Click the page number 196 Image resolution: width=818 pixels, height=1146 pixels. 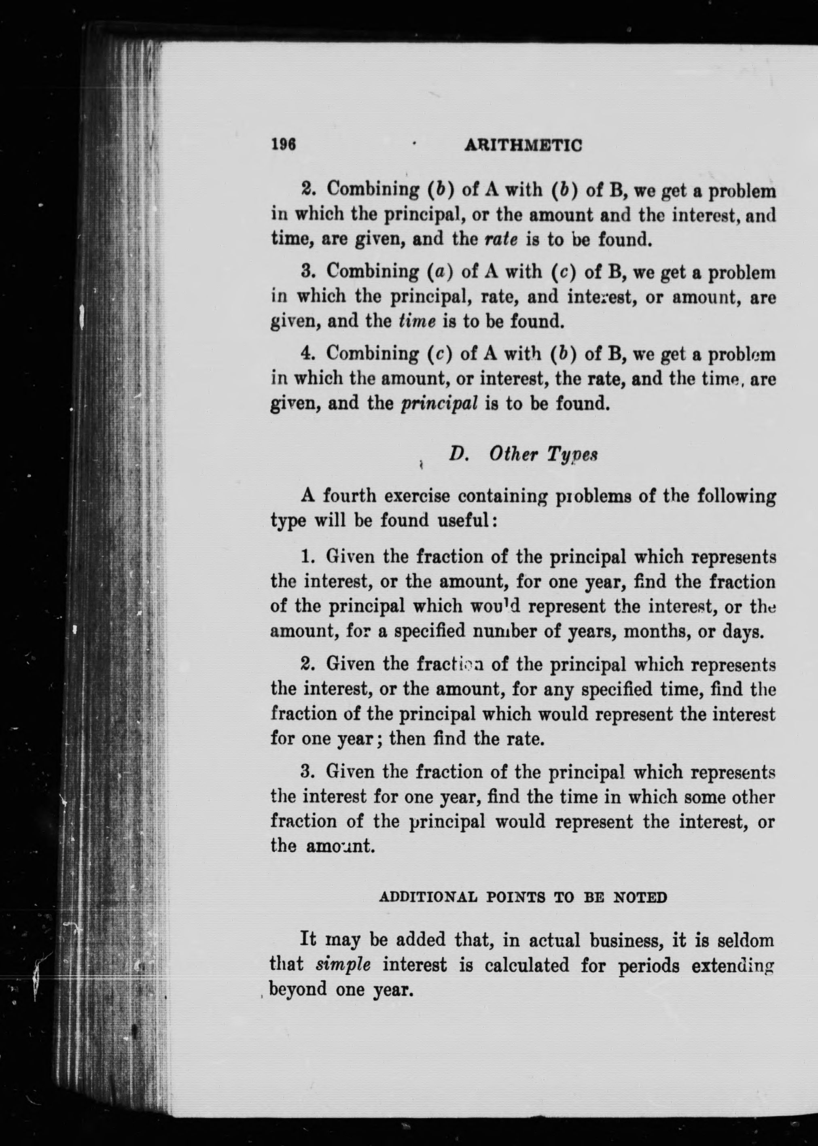283,144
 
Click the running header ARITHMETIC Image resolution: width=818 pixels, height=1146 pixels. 523,146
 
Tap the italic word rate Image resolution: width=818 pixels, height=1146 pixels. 501,239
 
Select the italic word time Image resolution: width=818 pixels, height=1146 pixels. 417,321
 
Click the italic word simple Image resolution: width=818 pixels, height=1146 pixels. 343,965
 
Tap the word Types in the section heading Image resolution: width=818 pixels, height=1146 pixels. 572,455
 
